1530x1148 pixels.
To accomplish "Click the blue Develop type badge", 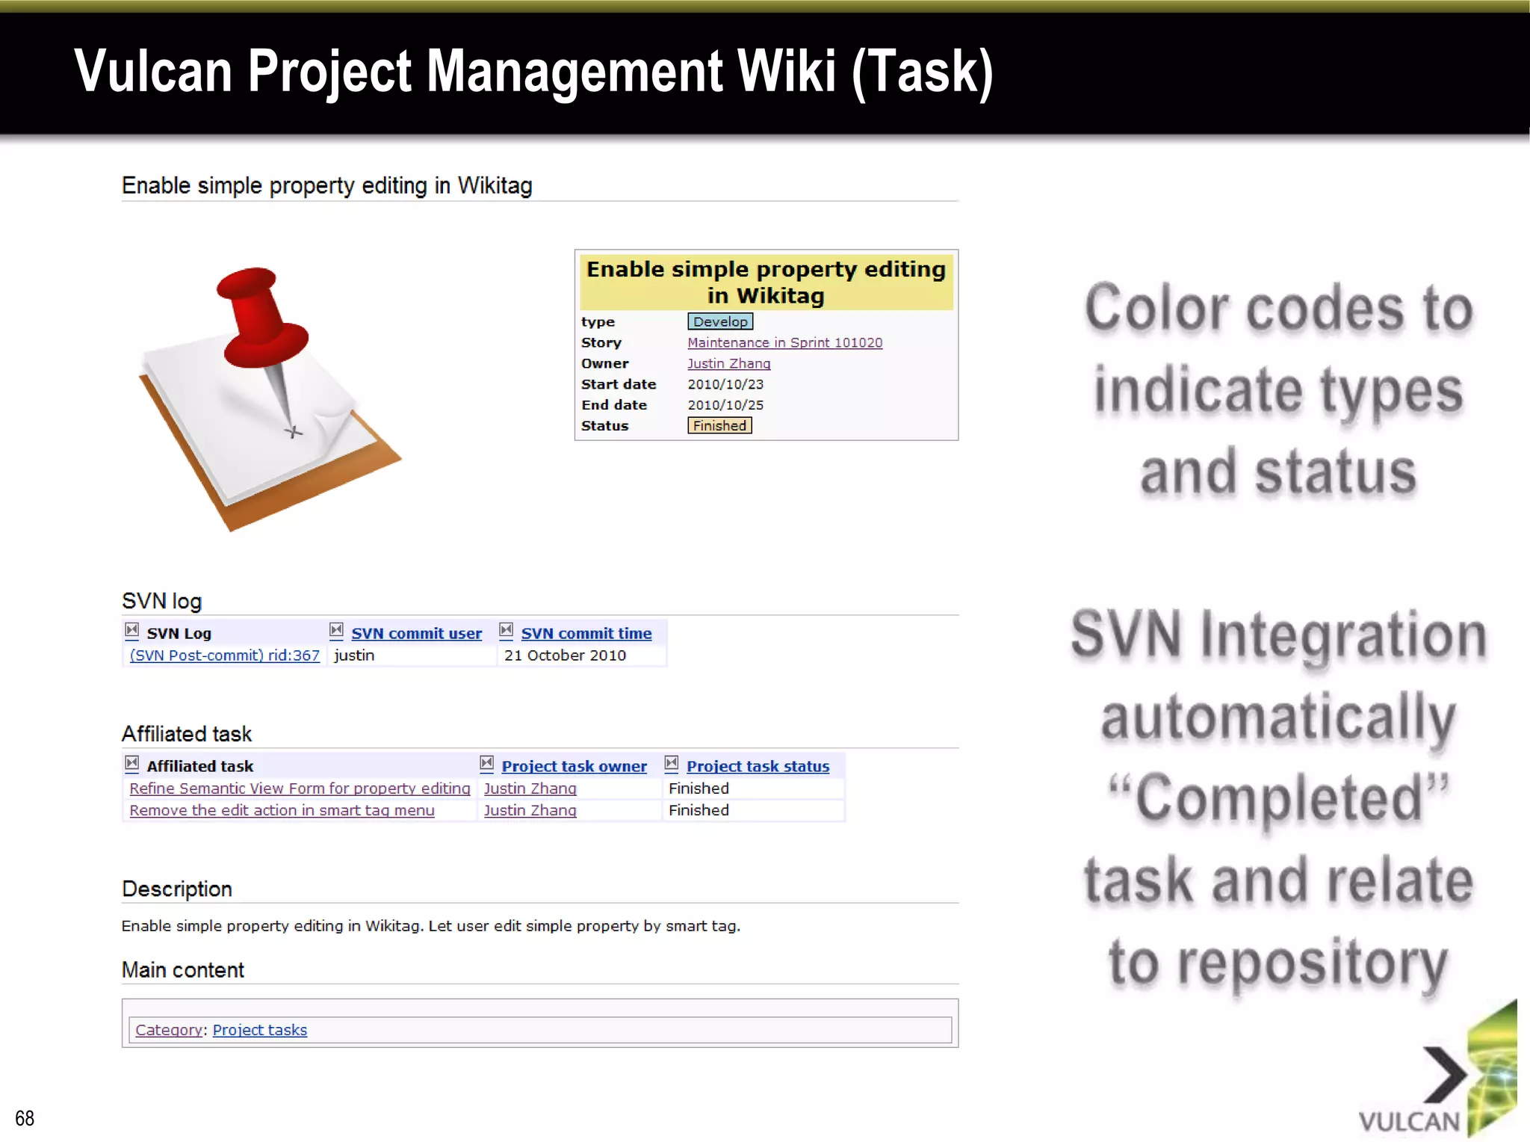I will pyautogui.click(x=719, y=321).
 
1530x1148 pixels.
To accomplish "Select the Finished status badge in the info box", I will pyautogui.click(x=719, y=425).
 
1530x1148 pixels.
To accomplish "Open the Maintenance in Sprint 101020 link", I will pyautogui.click(x=784, y=342).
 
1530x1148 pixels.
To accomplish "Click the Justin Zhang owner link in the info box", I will pyautogui.click(x=728, y=363).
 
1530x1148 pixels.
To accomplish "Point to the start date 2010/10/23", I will pyautogui.click(x=725, y=384).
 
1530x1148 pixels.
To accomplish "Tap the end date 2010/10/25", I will pyautogui.click(x=725, y=405).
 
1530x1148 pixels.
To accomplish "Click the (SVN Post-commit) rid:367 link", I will pyautogui.click(x=224, y=655).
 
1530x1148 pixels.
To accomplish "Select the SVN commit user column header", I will pyautogui.click(x=416, y=634).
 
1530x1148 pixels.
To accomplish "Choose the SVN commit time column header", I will pyautogui.click(x=586, y=634).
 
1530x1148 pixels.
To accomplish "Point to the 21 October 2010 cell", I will pyautogui.click(x=565, y=655).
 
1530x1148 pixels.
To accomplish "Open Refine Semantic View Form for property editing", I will pyautogui.click(x=300, y=789).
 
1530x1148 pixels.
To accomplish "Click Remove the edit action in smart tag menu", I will pyautogui.click(x=282, y=810).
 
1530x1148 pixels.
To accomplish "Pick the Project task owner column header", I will pyautogui.click(x=574, y=766).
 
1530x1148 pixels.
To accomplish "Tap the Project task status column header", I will pyautogui.click(x=758, y=766).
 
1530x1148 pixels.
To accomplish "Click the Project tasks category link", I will pyautogui.click(x=259, y=1030).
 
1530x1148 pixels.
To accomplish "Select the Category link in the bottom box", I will pyautogui.click(x=168, y=1030).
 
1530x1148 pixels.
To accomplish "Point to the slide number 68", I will pyautogui.click(x=25, y=1118).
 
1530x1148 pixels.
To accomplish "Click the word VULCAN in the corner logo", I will pyautogui.click(x=1408, y=1121).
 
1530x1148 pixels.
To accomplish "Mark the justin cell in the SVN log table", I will pyautogui.click(x=354, y=655).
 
